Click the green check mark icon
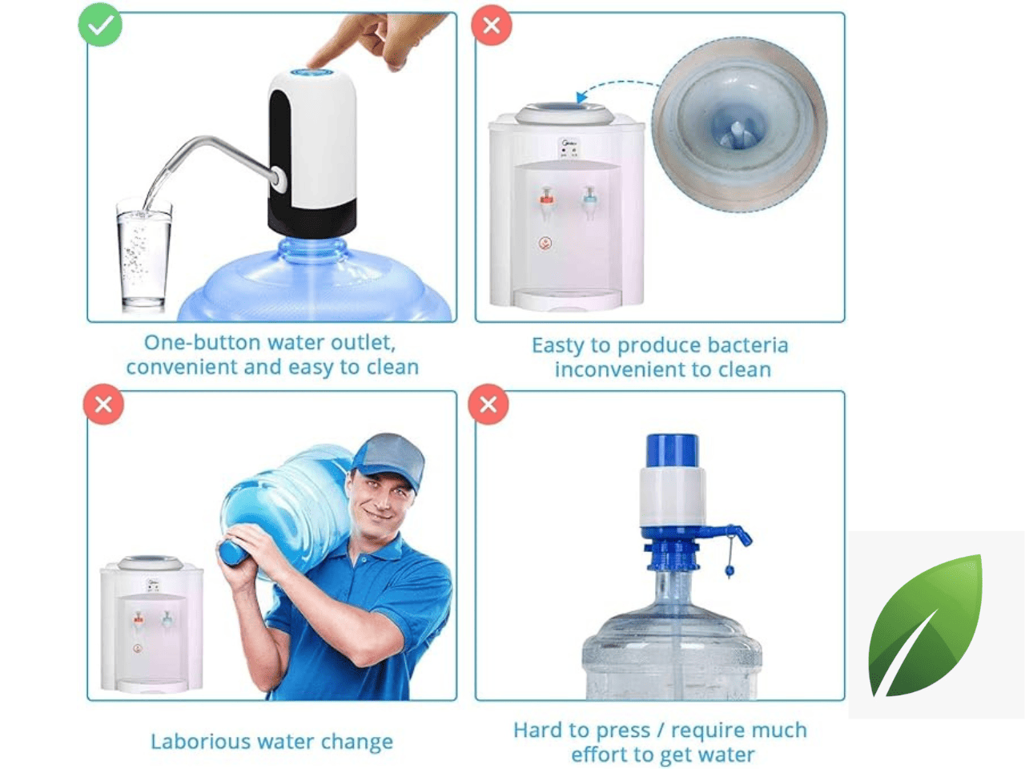click(100, 25)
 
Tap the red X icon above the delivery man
click(103, 405)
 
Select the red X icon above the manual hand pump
click(488, 405)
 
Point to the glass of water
click(143, 255)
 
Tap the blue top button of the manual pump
click(673, 450)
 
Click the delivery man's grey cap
click(390, 459)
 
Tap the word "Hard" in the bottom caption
click(535, 730)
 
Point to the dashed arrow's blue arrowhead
click(581, 97)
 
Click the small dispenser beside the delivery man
click(152, 624)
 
